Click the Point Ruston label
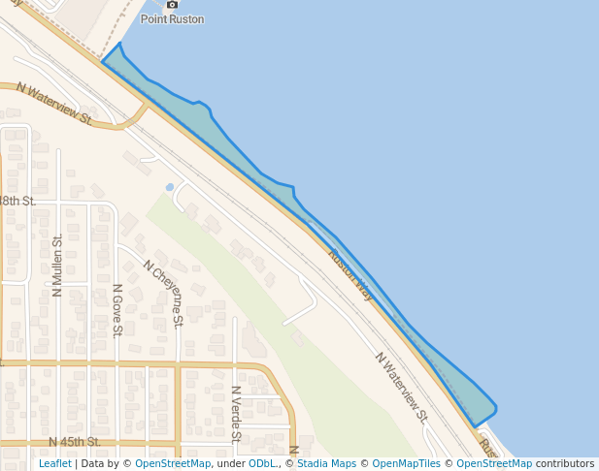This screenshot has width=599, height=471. click(x=173, y=18)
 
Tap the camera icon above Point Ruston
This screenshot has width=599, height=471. click(x=173, y=5)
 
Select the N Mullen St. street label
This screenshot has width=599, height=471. click(x=57, y=265)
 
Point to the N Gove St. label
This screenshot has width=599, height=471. click(x=116, y=310)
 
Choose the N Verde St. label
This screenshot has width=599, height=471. click(x=236, y=413)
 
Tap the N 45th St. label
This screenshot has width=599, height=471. click(x=75, y=442)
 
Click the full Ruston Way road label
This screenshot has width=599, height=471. click(x=350, y=274)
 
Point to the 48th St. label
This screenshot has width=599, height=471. click(x=17, y=201)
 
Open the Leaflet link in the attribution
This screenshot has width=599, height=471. click(x=54, y=464)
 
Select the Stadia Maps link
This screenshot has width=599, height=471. click(x=326, y=464)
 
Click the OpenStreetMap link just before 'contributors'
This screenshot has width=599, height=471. click(x=494, y=464)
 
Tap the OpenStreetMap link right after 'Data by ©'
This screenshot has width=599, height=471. click(x=173, y=464)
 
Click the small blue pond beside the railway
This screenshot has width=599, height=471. click(x=170, y=186)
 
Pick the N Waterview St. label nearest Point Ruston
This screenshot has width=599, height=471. click(x=53, y=105)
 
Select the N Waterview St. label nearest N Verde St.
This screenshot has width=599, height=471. click(x=401, y=388)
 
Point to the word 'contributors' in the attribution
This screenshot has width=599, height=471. click(x=565, y=464)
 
